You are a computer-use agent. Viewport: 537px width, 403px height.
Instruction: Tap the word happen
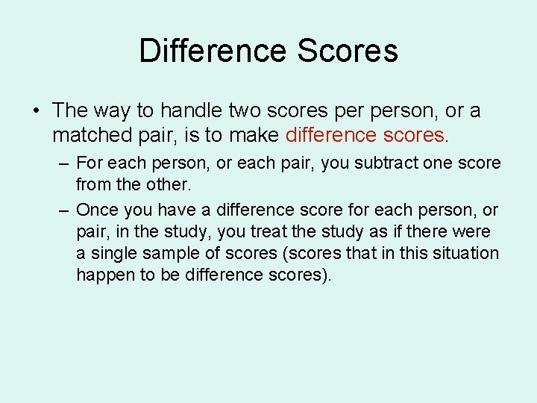[x=102, y=275]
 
